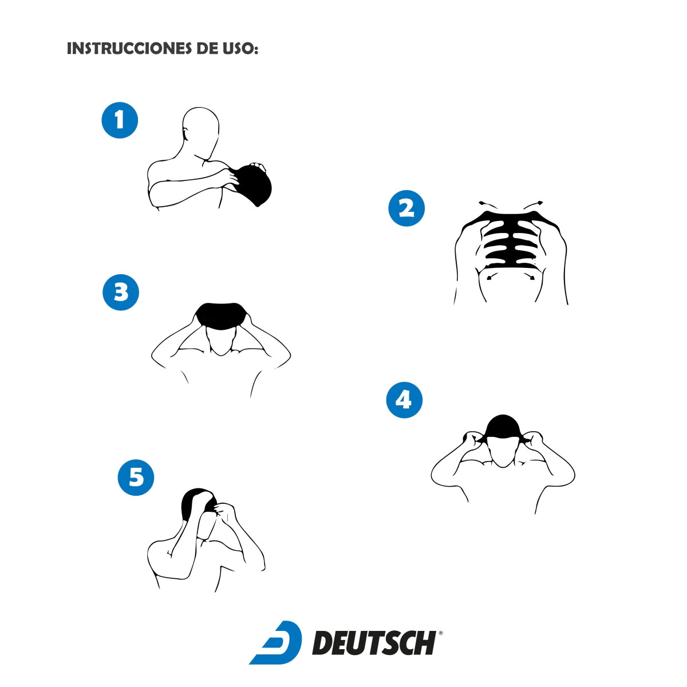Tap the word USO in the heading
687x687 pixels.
[239, 49]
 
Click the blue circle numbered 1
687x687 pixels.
[120, 120]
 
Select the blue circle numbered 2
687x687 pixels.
[406, 208]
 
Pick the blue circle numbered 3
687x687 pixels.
[121, 292]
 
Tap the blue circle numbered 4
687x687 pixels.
[404, 400]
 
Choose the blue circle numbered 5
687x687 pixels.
[136, 477]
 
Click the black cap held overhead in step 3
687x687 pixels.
[221, 316]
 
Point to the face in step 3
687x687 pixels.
[220, 342]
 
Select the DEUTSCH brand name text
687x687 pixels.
[374, 643]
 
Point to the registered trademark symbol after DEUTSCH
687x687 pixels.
[440, 633]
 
